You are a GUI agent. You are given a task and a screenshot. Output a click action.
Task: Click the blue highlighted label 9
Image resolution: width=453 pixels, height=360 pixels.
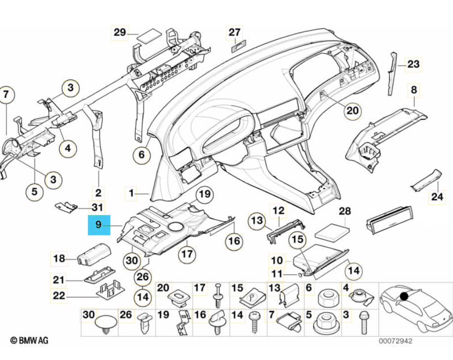coord(99,226)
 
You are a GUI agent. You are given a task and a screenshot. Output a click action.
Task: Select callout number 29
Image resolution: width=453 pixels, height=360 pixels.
coord(120,33)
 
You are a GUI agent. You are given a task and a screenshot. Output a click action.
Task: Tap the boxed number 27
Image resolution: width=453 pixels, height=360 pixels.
coord(234,33)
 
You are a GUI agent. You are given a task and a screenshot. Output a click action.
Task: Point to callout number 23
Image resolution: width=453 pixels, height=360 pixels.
coord(413,64)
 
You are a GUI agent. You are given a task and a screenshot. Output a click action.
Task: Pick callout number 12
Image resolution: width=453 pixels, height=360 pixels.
coord(279,211)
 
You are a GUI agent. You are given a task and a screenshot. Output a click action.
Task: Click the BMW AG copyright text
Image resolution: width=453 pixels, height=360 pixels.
coord(29,340)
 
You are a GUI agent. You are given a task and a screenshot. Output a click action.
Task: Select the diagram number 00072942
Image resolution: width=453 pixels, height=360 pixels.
coord(395,341)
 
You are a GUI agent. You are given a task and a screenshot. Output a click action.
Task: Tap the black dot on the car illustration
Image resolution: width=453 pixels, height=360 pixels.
coord(404,296)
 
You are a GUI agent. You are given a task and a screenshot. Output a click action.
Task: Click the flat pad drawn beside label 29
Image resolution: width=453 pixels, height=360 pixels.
coord(149,35)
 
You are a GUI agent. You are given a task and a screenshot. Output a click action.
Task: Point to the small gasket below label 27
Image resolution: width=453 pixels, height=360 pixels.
coord(237,47)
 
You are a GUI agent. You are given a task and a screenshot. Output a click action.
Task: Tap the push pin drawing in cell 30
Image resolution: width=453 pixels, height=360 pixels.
coord(105,324)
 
